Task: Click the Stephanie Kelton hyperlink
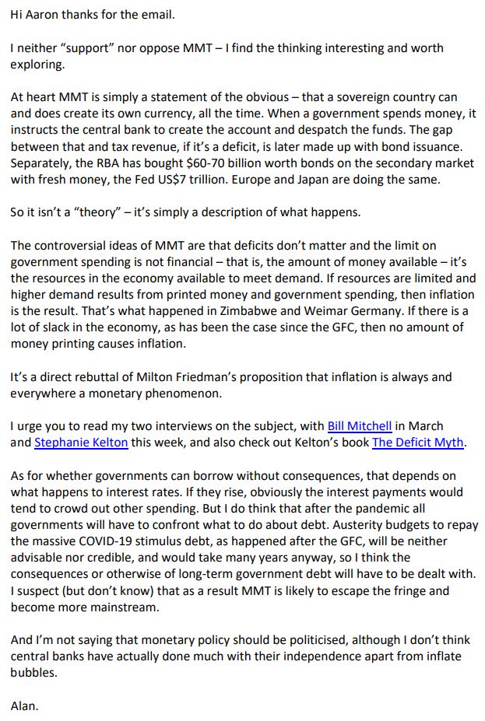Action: point(79,443)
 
